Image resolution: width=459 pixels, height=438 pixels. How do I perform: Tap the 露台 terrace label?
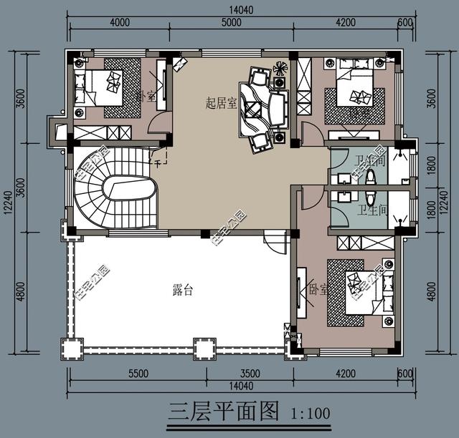click(x=184, y=290)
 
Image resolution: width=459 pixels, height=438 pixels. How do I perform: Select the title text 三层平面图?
click(x=223, y=412)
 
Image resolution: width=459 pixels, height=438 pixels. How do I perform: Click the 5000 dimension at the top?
click(x=231, y=22)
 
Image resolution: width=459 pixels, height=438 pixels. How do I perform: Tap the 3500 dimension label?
click(x=250, y=373)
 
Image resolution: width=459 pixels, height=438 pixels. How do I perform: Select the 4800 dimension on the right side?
click(x=431, y=291)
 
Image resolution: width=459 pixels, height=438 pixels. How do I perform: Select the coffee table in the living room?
click(x=253, y=109)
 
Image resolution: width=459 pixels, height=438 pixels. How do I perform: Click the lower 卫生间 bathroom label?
click(x=372, y=211)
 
